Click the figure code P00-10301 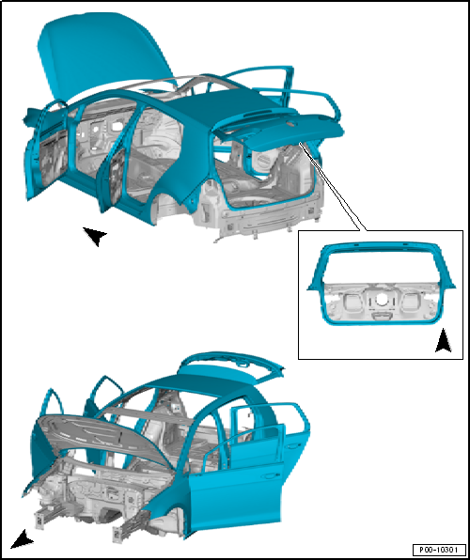[x=439, y=549]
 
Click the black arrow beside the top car [x=95, y=236]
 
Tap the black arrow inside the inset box [x=443, y=341]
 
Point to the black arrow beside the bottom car [x=23, y=539]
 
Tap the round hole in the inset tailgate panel [x=382, y=300]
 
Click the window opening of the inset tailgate [x=381, y=265]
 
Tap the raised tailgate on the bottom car [x=232, y=365]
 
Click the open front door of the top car [x=45, y=150]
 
